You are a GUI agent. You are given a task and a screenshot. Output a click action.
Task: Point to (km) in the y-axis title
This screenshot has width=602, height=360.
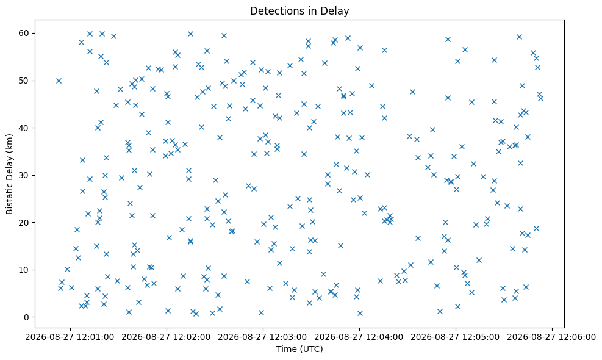coord(9,143)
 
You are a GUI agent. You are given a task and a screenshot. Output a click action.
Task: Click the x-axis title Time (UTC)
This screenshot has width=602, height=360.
coord(299,349)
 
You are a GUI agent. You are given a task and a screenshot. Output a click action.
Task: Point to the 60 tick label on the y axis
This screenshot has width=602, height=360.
coord(24,33)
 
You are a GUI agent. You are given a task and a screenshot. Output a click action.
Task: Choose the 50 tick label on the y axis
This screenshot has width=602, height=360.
coord(24,81)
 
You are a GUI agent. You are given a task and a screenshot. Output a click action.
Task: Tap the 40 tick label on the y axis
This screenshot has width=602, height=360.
coord(24,128)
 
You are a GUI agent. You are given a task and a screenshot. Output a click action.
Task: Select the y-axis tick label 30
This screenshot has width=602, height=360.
coord(24,175)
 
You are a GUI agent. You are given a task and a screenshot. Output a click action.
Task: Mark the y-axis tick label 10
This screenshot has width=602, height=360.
coord(24,270)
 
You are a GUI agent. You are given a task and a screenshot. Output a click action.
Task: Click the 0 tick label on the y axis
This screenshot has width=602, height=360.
coord(27,317)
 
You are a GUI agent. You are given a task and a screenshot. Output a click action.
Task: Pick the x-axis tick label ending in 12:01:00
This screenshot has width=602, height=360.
coord(70,337)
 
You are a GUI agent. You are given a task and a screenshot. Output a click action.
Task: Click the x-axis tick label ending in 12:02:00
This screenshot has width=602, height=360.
coord(167,337)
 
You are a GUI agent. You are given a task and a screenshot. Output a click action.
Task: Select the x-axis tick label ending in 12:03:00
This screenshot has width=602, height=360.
coord(263,337)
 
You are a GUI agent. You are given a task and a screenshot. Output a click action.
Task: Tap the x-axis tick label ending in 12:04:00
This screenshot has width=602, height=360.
coord(359,337)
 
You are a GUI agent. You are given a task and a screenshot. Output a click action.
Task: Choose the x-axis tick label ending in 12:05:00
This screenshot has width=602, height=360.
coord(456,337)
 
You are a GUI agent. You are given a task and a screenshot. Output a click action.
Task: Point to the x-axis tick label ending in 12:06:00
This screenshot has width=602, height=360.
coord(552,337)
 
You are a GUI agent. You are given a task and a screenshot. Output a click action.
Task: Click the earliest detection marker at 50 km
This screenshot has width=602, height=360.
coord(59,81)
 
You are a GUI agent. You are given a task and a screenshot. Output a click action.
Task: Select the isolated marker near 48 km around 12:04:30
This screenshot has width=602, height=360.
coord(412,92)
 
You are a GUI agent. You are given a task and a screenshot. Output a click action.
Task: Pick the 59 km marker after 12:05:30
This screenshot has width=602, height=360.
coord(519,37)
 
